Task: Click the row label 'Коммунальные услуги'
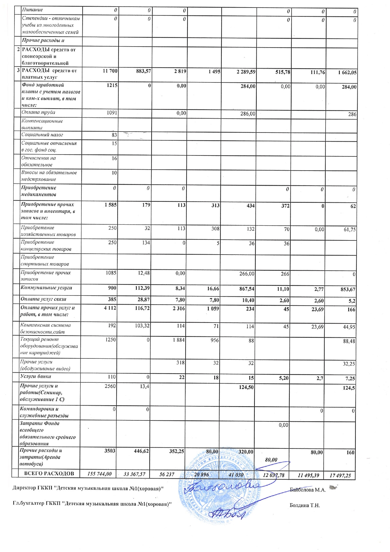pyautogui.click(x=46, y=288)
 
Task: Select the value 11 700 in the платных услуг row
pyautogui.click(x=110, y=71)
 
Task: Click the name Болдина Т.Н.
pyautogui.click(x=304, y=505)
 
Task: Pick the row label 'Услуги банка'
pyautogui.click(x=36, y=376)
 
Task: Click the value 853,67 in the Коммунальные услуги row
pyautogui.click(x=348, y=290)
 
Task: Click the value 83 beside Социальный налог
pyautogui.click(x=114, y=135)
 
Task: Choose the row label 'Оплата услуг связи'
pyautogui.click(x=43, y=299)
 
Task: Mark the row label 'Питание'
pyautogui.click(x=32, y=10)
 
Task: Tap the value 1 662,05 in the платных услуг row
pyautogui.click(x=347, y=73)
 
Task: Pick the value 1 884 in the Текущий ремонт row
pyautogui.click(x=178, y=340)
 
